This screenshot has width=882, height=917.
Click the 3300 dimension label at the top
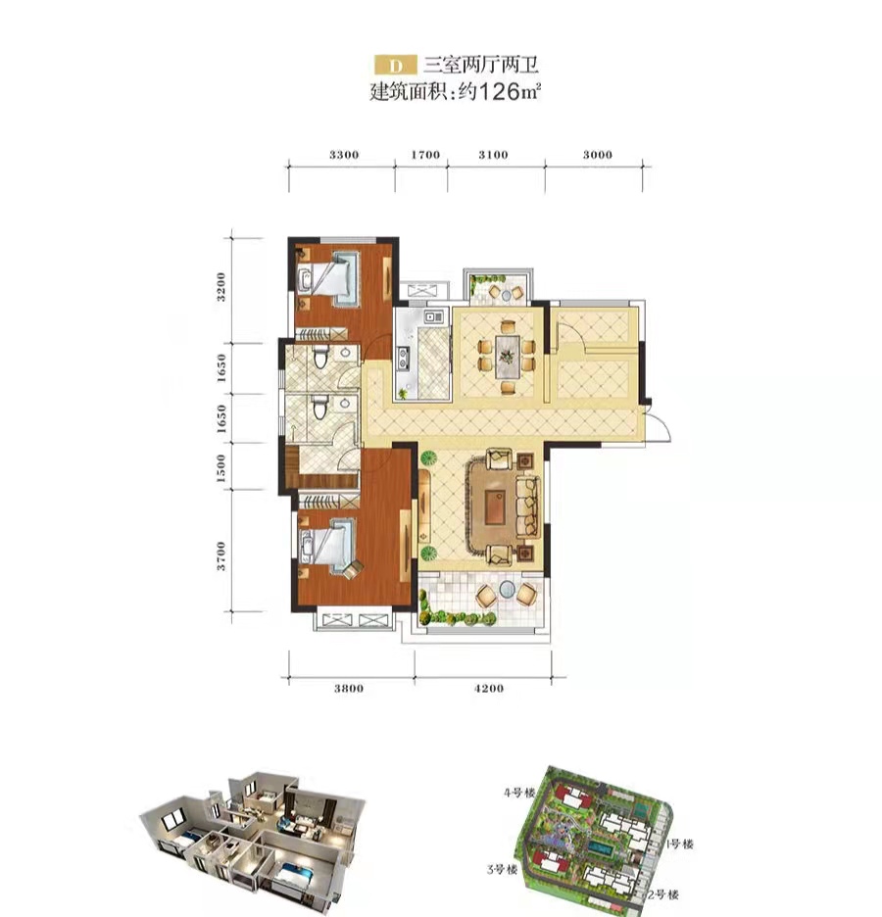[x=344, y=155]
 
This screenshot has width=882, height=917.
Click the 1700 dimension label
[x=425, y=155]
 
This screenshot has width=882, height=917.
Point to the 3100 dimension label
[x=493, y=155]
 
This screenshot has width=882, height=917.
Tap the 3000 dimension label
[x=597, y=155]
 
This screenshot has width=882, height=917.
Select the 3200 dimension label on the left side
[x=220, y=286]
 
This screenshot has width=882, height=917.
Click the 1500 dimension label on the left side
[x=220, y=468]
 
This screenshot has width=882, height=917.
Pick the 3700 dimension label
[x=220, y=556]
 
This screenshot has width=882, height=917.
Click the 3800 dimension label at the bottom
[x=349, y=689]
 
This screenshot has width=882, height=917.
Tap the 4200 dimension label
[x=488, y=689]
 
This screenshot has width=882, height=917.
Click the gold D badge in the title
[x=396, y=65]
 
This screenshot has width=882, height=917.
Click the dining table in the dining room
[x=507, y=358]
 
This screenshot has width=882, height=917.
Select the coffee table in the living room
[x=496, y=507]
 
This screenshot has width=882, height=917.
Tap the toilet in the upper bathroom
[x=320, y=357]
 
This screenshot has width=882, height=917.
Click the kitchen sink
[x=434, y=317]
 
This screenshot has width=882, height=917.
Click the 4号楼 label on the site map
[x=519, y=794]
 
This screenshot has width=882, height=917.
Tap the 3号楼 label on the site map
[x=502, y=870]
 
